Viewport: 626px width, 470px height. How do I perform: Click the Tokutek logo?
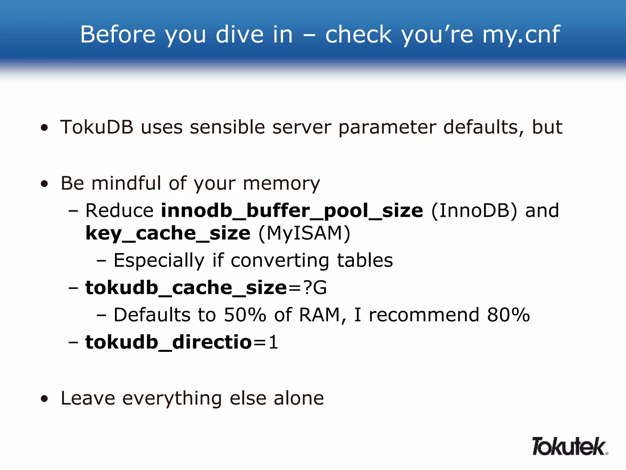point(569,446)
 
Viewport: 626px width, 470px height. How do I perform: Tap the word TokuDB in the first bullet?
point(97,127)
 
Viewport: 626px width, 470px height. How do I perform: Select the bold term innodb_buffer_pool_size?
point(292,211)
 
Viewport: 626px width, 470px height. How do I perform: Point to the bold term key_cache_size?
point(168,233)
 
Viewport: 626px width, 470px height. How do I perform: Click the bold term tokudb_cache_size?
point(186,288)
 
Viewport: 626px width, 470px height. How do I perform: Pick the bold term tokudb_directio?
point(168,342)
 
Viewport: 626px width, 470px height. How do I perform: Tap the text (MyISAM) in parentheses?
point(304,233)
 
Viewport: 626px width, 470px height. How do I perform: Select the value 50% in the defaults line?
point(245,315)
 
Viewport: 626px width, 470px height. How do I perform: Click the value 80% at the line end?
point(508,315)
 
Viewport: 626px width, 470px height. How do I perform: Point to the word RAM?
point(319,315)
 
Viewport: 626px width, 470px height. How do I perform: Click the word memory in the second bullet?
point(281,184)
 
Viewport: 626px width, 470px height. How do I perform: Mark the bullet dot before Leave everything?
point(45,399)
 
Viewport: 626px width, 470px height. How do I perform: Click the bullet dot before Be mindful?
point(45,184)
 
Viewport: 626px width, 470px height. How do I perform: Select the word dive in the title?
point(239,34)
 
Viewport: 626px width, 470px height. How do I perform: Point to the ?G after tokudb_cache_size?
point(315,288)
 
